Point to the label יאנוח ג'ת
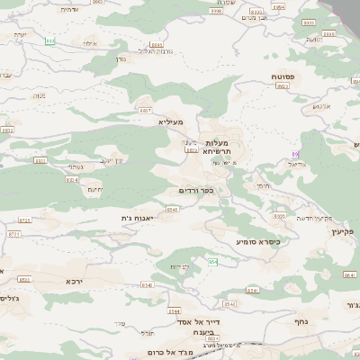point(139,218)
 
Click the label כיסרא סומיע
point(258,241)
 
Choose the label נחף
point(301,320)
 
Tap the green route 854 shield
point(213,261)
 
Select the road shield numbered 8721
point(13,233)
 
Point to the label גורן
point(121,58)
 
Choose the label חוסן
point(262,185)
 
